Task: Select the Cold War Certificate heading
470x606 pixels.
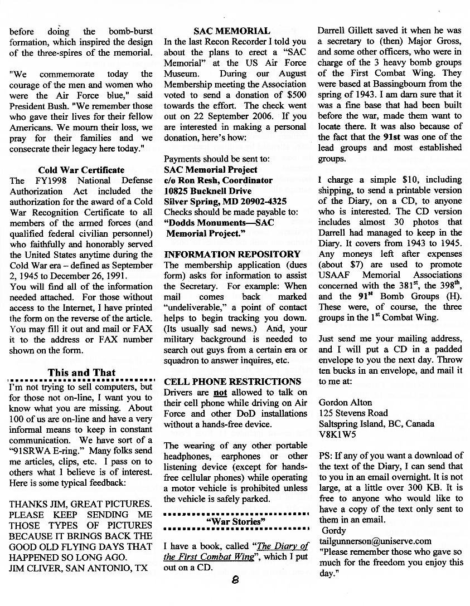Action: [x=81, y=170]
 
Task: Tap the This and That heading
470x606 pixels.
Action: [x=81, y=373]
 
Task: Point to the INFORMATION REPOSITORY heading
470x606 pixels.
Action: [x=232, y=255]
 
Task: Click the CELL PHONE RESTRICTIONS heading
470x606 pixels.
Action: [x=232, y=382]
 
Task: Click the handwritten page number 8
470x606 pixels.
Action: [x=235, y=580]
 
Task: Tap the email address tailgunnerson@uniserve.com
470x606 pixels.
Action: [x=375, y=541]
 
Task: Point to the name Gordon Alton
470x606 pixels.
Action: [x=345, y=402]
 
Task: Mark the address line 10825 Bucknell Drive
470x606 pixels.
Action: [x=207, y=191]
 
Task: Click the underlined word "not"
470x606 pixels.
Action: [x=221, y=393]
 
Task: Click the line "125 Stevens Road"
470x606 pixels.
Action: [x=353, y=413]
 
